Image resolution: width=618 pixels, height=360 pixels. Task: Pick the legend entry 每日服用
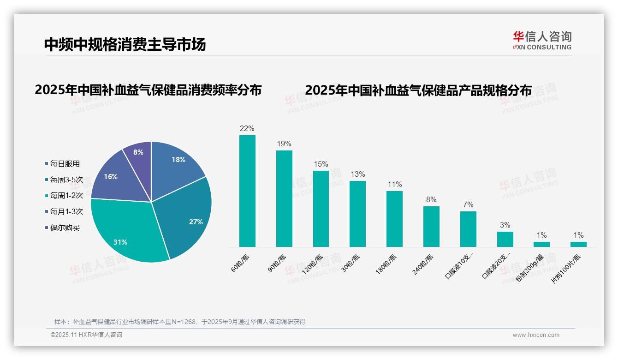click(x=65, y=164)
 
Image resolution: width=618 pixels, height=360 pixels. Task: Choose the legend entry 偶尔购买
click(x=65, y=228)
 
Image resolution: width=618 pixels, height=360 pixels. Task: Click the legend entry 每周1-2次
click(x=66, y=196)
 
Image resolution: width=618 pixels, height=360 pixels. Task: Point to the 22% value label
click(x=247, y=128)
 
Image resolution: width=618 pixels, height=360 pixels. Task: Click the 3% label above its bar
click(x=505, y=225)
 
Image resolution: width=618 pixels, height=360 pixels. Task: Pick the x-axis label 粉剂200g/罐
click(x=530, y=268)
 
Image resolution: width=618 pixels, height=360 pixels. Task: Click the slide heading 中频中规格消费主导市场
click(x=125, y=44)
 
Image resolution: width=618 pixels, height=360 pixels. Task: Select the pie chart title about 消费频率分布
click(x=148, y=90)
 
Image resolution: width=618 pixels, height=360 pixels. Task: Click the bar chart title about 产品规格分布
click(x=418, y=90)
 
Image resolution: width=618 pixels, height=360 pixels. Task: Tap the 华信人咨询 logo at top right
click(x=542, y=40)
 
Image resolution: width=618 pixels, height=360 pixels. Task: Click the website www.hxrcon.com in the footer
click(x=536, y=335)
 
